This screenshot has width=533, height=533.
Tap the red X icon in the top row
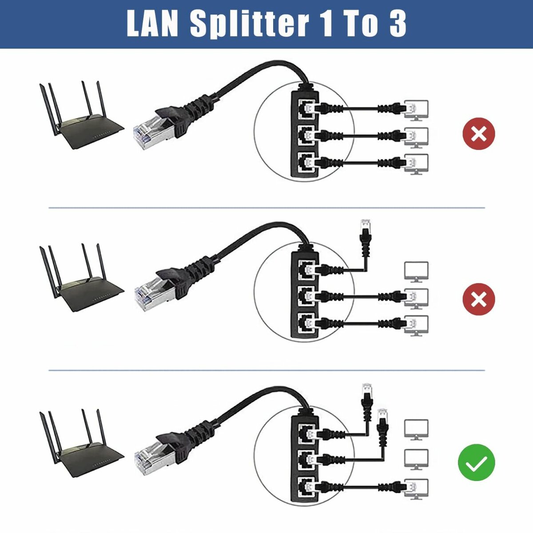pos(478,134)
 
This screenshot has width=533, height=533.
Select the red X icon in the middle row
pos(478,298)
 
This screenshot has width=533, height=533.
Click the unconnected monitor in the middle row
pos(416,271)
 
